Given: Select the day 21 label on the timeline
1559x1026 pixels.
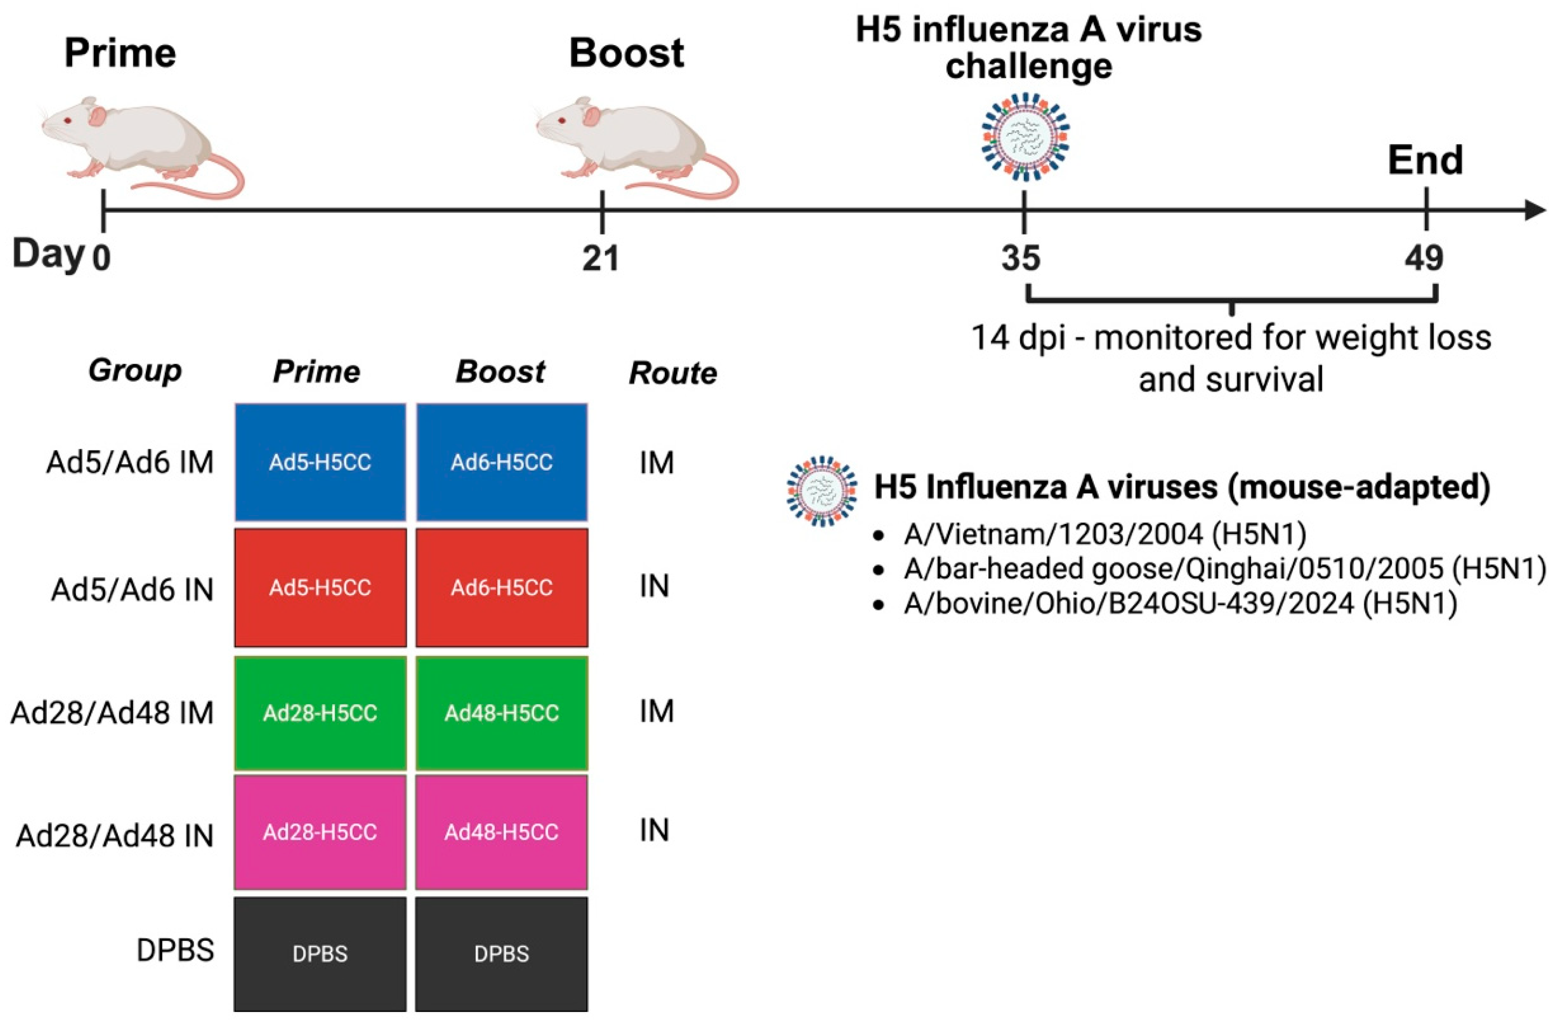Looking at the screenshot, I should pyautogui.click(x=601, y=259).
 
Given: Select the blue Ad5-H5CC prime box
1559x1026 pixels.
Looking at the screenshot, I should pyautogui.click(x=320, y=462).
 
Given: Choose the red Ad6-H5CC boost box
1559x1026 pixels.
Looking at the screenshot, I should pyautogui.click(x=502, y=587).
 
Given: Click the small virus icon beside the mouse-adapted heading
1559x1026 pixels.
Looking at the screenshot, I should pyautogui.click(x=821, y=491).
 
